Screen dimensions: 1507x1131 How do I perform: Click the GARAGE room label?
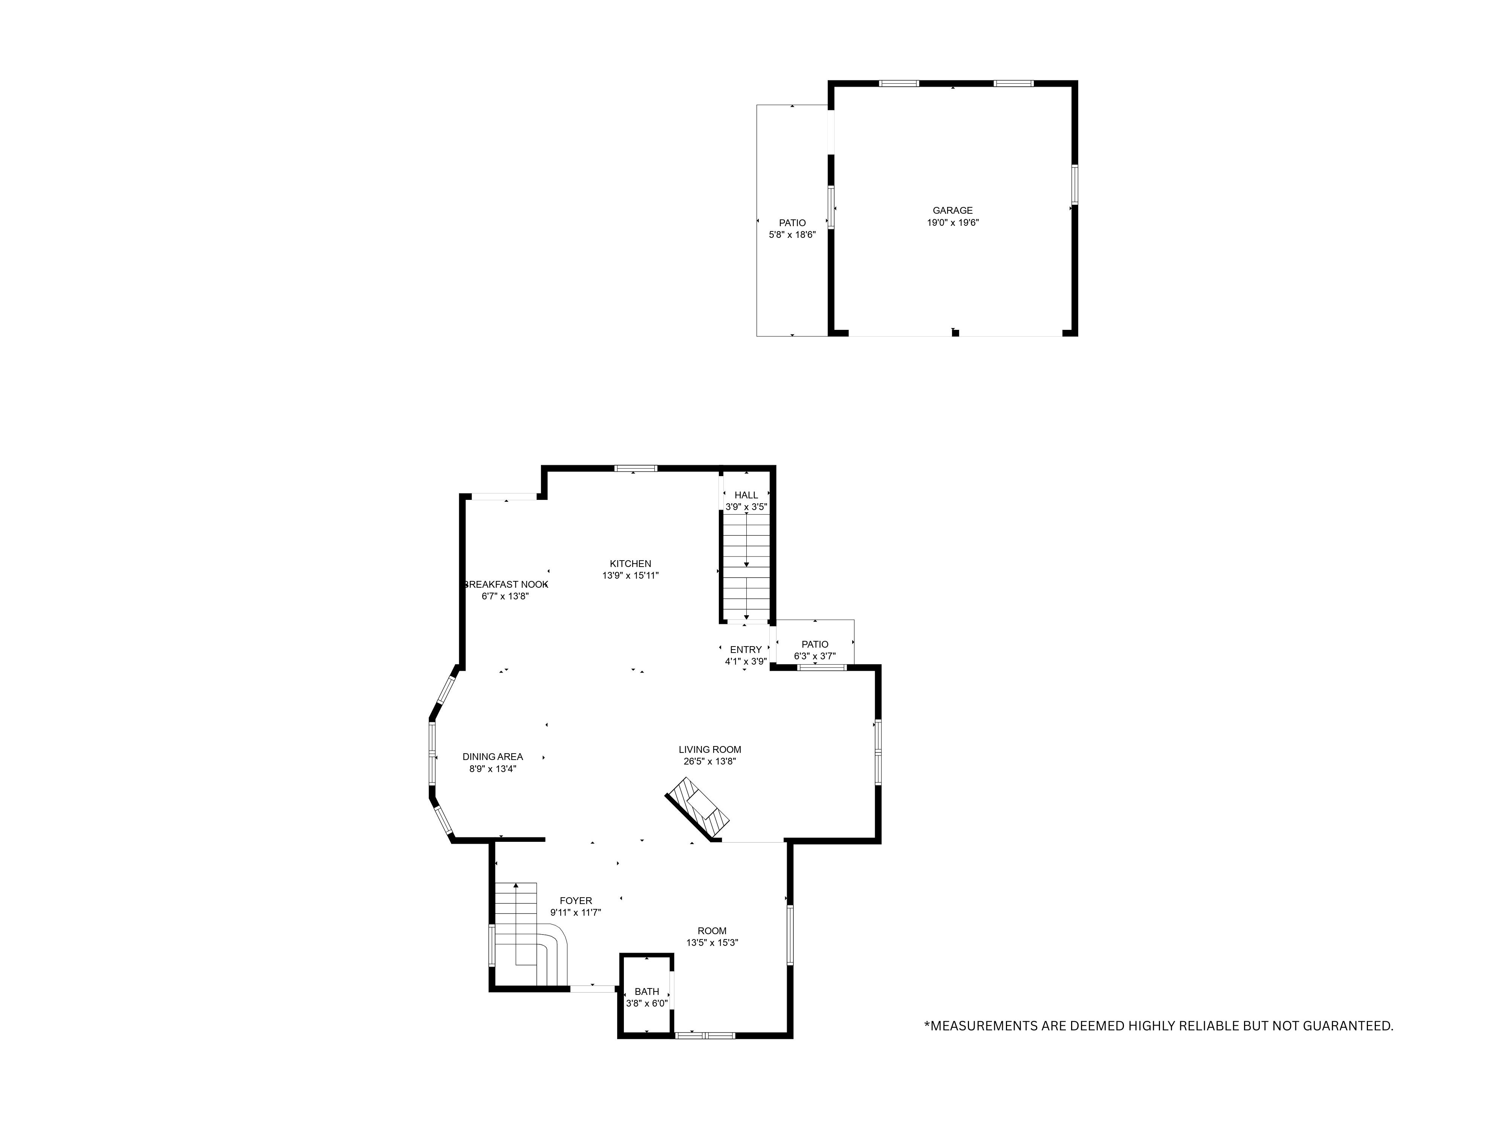pyautogui.click(x=952, y=211)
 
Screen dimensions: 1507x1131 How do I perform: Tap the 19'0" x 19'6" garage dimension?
pyautogui.click(x=952, y=223)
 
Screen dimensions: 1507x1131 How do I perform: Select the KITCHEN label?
pyautogui.click(x=630, y=564)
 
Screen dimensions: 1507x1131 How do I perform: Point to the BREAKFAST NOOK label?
pyautogui.click(x=506, y=584)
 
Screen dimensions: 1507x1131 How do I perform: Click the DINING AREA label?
pyautogui.click(x=492, y=757)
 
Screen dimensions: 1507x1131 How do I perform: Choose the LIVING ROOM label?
pyautogui.click(x=710, y=749)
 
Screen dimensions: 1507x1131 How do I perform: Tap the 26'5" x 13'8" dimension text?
pyautogui.click(x=710, y=762)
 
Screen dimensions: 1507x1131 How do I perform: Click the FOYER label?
pyautogui.click(x=576, y=901)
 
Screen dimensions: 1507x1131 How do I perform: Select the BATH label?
pyautogui.click(x=647, y=991)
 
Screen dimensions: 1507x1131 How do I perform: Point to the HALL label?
pyautogui.click(x=746, y=495)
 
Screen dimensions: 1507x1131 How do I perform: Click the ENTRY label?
pyautogui.click(x=745, y=650)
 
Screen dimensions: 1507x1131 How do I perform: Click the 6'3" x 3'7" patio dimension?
pyautogui.click(x=815, y=656)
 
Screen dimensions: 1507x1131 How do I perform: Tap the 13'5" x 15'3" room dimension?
pyautogui.click(x=712, y=943)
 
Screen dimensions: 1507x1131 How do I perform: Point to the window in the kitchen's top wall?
pyautogui.click(x=636, y=468)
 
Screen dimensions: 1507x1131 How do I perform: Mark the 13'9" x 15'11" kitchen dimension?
pyautogui.click(x=630, y=575)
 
